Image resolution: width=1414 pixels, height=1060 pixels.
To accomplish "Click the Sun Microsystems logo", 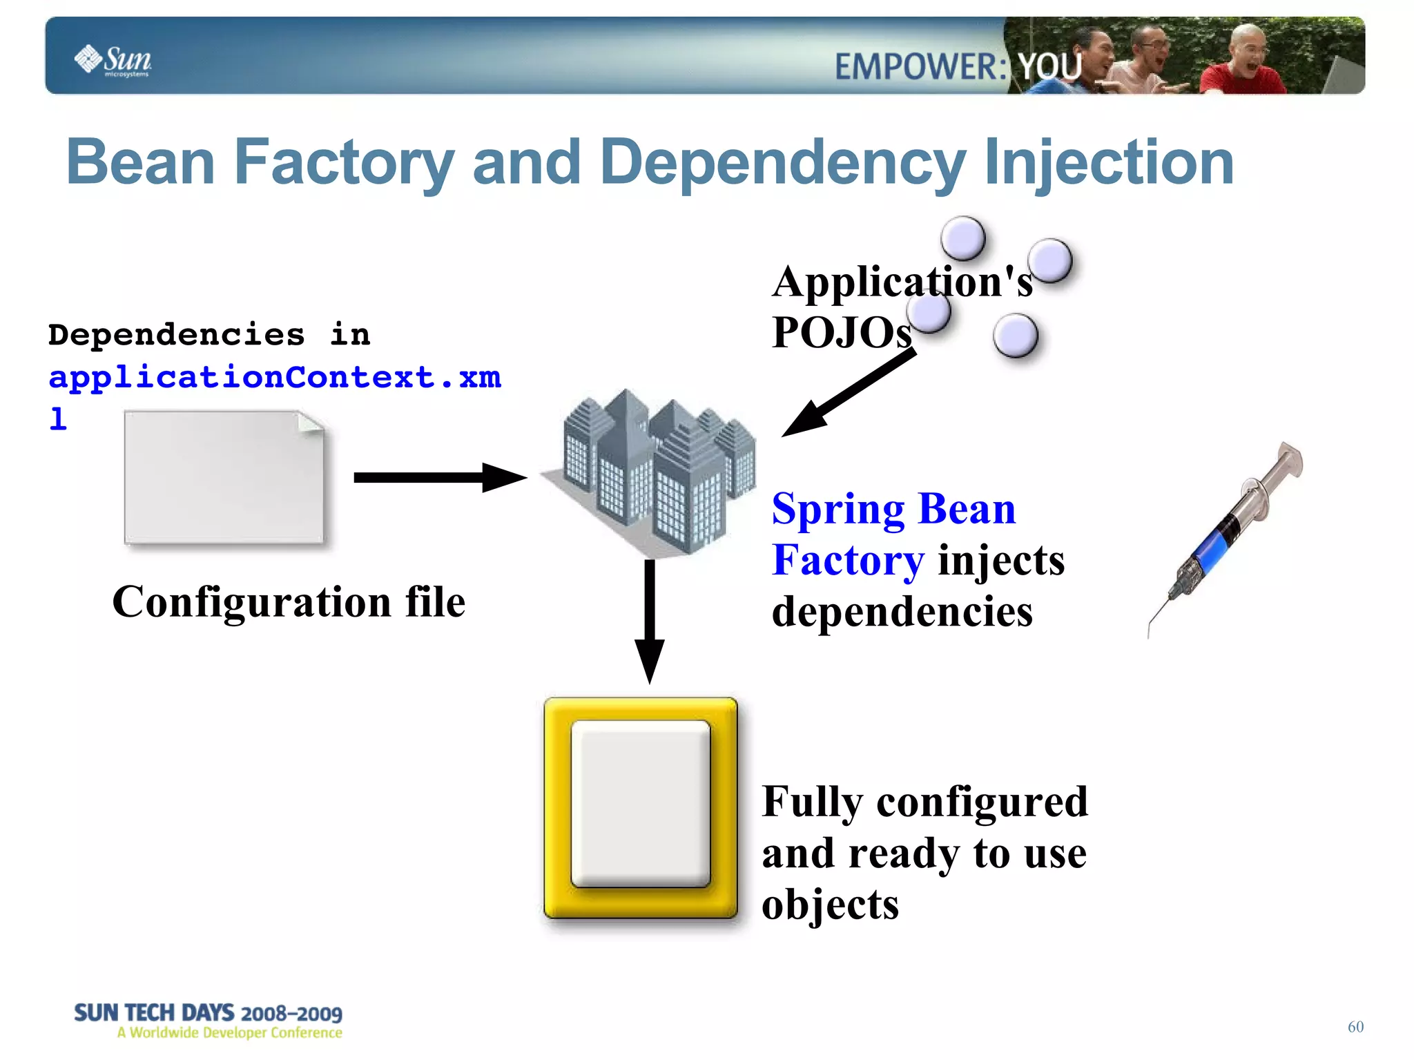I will pos(113,60).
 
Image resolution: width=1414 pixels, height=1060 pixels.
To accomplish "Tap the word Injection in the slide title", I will pos(1109,162).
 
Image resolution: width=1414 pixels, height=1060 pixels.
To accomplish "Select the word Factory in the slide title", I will pos(344,162).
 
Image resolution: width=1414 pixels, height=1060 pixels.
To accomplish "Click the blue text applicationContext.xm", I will pos(275,377).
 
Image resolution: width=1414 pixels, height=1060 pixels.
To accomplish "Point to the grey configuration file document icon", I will pos(224,477).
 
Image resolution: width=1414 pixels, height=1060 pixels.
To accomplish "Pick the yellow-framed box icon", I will pos(641,808).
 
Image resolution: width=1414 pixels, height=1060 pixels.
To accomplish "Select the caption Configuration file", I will pos(289,601).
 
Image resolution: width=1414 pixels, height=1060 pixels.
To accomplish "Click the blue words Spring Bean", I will pos(893,509).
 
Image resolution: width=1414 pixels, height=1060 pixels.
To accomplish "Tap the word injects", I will pos(1001,560).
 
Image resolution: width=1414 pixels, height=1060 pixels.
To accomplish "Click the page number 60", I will pos(1355,1027).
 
